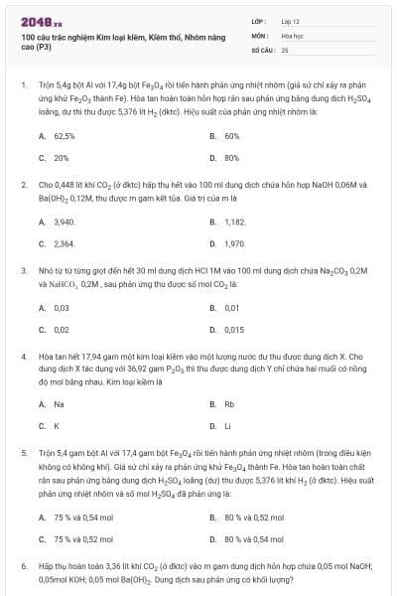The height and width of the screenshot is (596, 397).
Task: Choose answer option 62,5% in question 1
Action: click(64, 136)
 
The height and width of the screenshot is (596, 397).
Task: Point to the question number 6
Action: click(23, 565)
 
